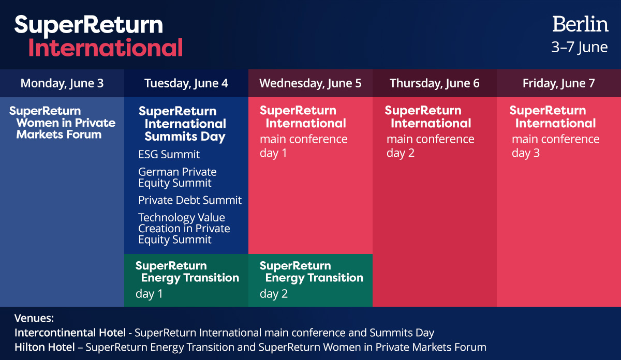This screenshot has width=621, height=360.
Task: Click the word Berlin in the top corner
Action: (580, 24)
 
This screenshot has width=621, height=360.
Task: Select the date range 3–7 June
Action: (579, 48)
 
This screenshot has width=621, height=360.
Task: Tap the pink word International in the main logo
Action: (105, 48)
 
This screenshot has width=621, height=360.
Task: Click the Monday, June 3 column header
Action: (62, 83)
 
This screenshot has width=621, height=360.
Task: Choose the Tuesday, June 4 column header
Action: (186, 83)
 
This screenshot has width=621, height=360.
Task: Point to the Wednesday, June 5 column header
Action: (310, 83)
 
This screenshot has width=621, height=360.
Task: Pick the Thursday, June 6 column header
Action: (434, 83)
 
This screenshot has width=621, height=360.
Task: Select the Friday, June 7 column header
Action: (558, 83)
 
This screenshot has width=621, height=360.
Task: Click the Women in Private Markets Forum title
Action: (62, 123)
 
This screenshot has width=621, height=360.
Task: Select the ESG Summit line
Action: (169, 155)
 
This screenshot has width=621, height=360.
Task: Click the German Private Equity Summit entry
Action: (177, 177)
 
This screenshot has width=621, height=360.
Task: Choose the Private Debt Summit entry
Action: (190, 200)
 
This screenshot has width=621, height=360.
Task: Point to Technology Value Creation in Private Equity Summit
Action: (184, 229)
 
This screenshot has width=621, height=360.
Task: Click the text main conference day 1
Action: (303, 146)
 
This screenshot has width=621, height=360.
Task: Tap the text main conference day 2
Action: (430, 146)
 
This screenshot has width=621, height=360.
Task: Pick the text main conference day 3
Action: (555, 146)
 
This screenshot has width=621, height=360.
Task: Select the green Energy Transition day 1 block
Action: (186, 280)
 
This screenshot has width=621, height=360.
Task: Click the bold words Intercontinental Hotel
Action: (70, 333)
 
